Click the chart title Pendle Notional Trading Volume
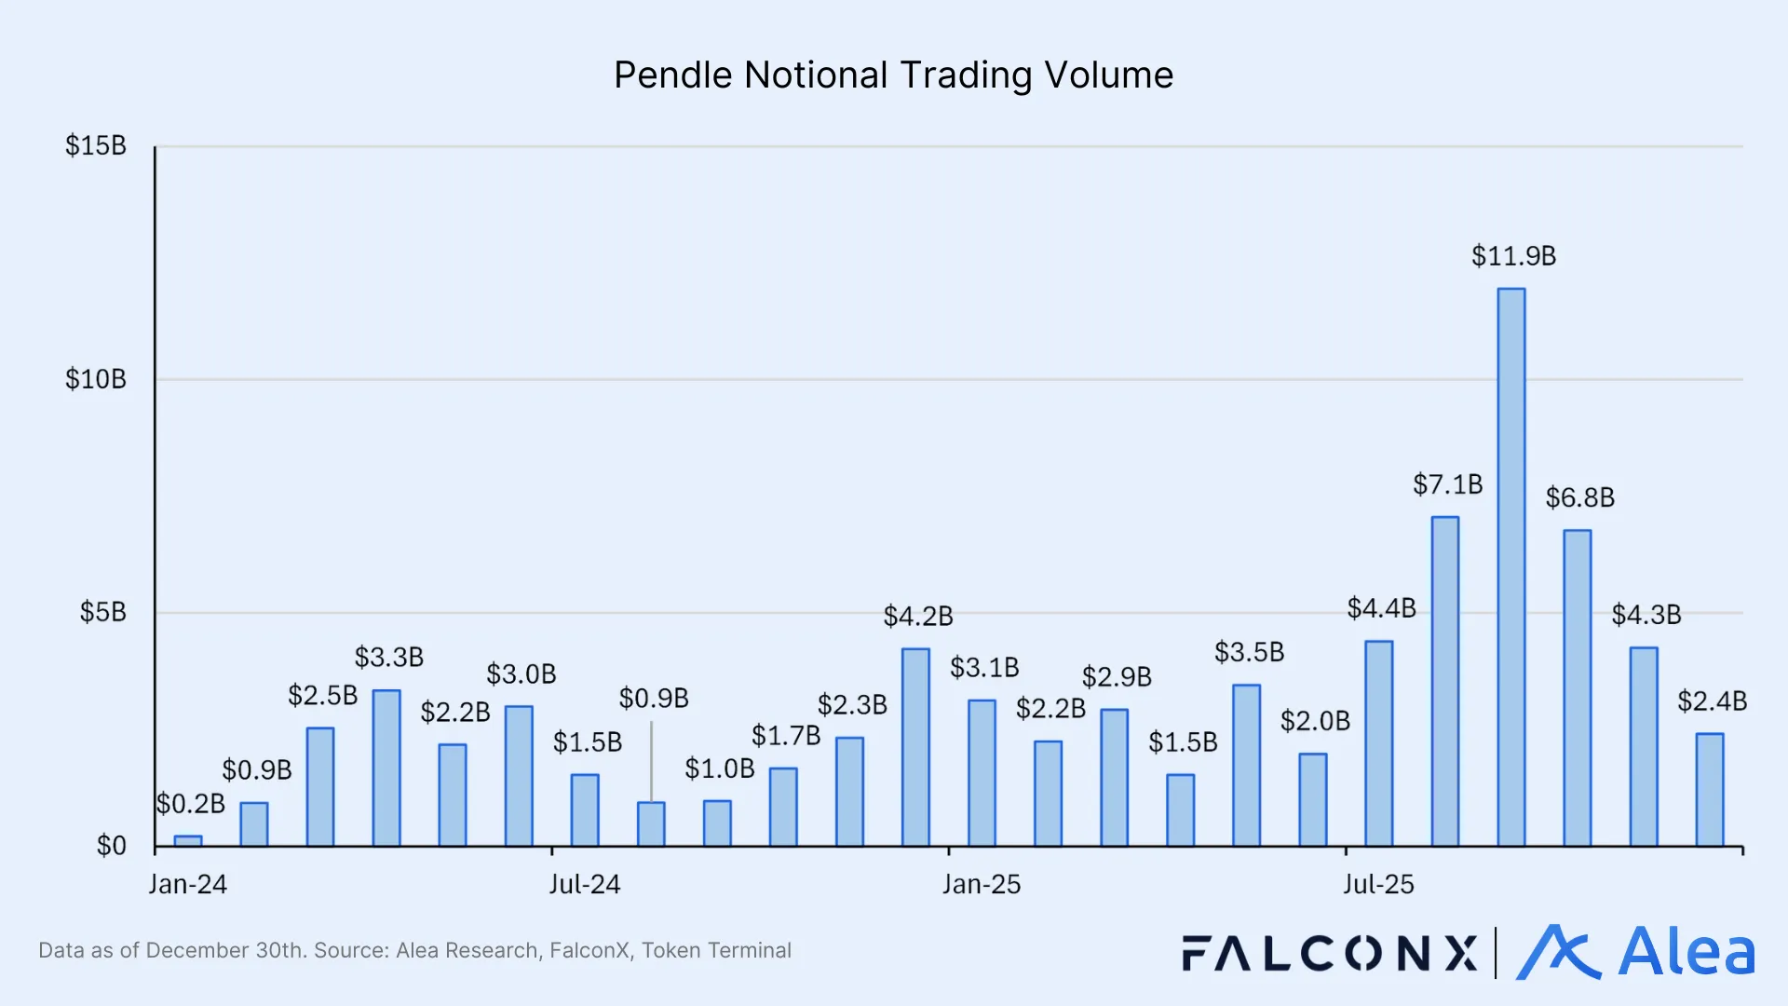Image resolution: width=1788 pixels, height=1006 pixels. pos(893,75)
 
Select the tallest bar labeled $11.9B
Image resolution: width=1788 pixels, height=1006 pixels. pos(1510,567)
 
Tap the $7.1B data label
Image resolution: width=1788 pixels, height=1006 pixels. pos(1447,484)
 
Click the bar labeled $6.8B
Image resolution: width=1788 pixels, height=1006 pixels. pos(1577,688)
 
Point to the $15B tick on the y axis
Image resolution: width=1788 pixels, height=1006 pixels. pos(96,146)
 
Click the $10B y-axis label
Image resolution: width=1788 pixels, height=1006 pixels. pos(96,379)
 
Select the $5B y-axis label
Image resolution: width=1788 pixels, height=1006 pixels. pos(102,613)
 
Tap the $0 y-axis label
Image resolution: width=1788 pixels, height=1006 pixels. pos(111,846)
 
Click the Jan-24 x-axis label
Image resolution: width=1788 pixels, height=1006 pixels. pos(187,884)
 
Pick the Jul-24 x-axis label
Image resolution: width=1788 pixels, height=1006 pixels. pos(584,884)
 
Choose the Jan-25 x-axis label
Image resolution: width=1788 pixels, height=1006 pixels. pos(981,884)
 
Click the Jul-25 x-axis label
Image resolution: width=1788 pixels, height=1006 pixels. pos(1377,884)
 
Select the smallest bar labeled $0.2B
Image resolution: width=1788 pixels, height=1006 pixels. pos(188,841)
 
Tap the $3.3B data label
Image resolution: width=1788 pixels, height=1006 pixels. pos(388,658)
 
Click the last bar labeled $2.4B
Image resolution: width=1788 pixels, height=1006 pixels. pos(1709,790)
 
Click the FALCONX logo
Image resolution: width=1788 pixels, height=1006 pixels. pos(1329,953)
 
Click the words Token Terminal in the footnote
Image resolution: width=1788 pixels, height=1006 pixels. pos(716,950)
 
